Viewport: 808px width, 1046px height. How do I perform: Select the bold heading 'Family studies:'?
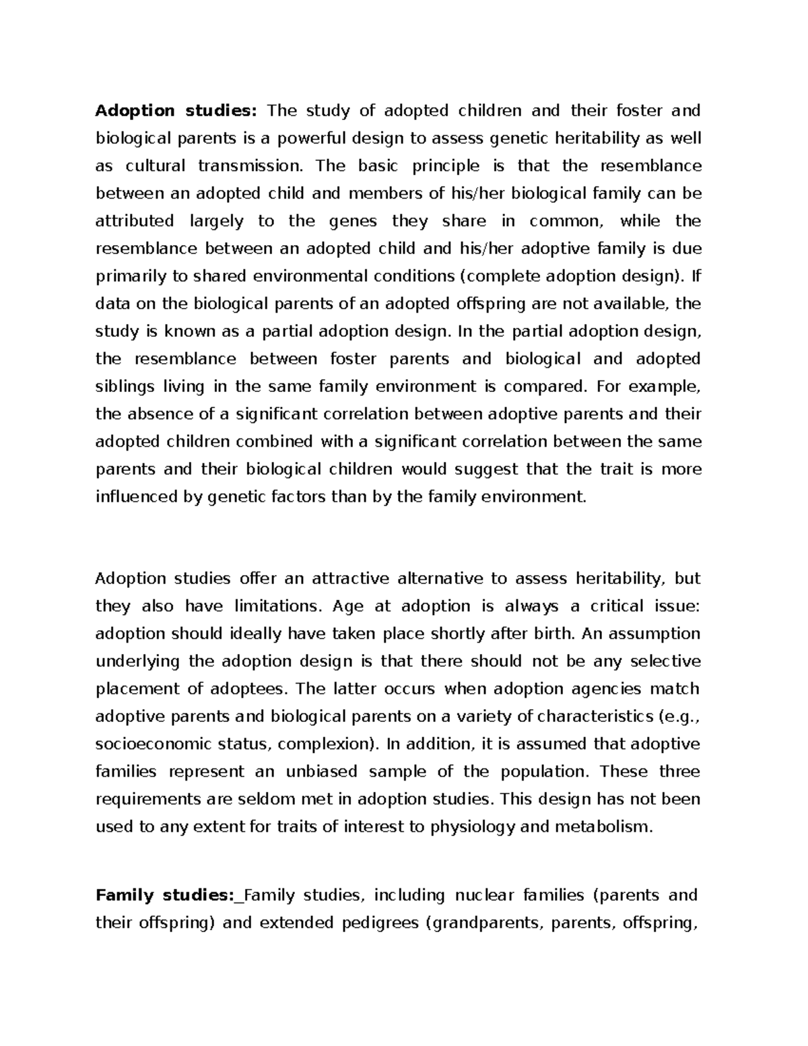tap(164, 895)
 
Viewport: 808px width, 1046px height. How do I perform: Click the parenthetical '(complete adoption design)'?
tap(572, 276)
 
